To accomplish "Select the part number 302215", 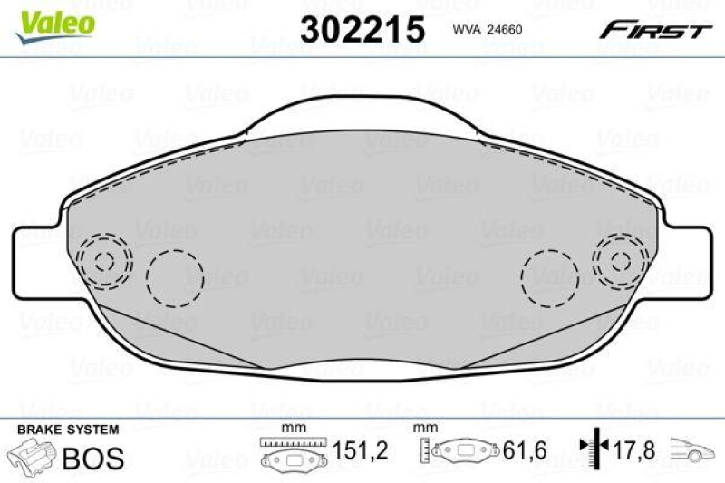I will [362, 29].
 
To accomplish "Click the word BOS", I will [92, 458].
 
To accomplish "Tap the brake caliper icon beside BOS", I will [31, 456].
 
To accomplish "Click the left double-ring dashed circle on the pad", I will [104, 261].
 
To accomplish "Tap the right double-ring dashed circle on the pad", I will [621, 261].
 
